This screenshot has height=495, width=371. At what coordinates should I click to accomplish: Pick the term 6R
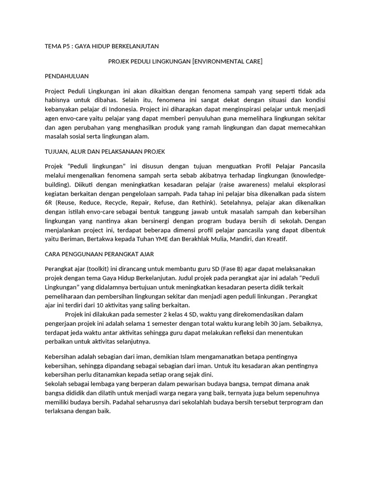[x=49, y=202]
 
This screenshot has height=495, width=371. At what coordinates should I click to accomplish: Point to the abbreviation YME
[x=170, y=239]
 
